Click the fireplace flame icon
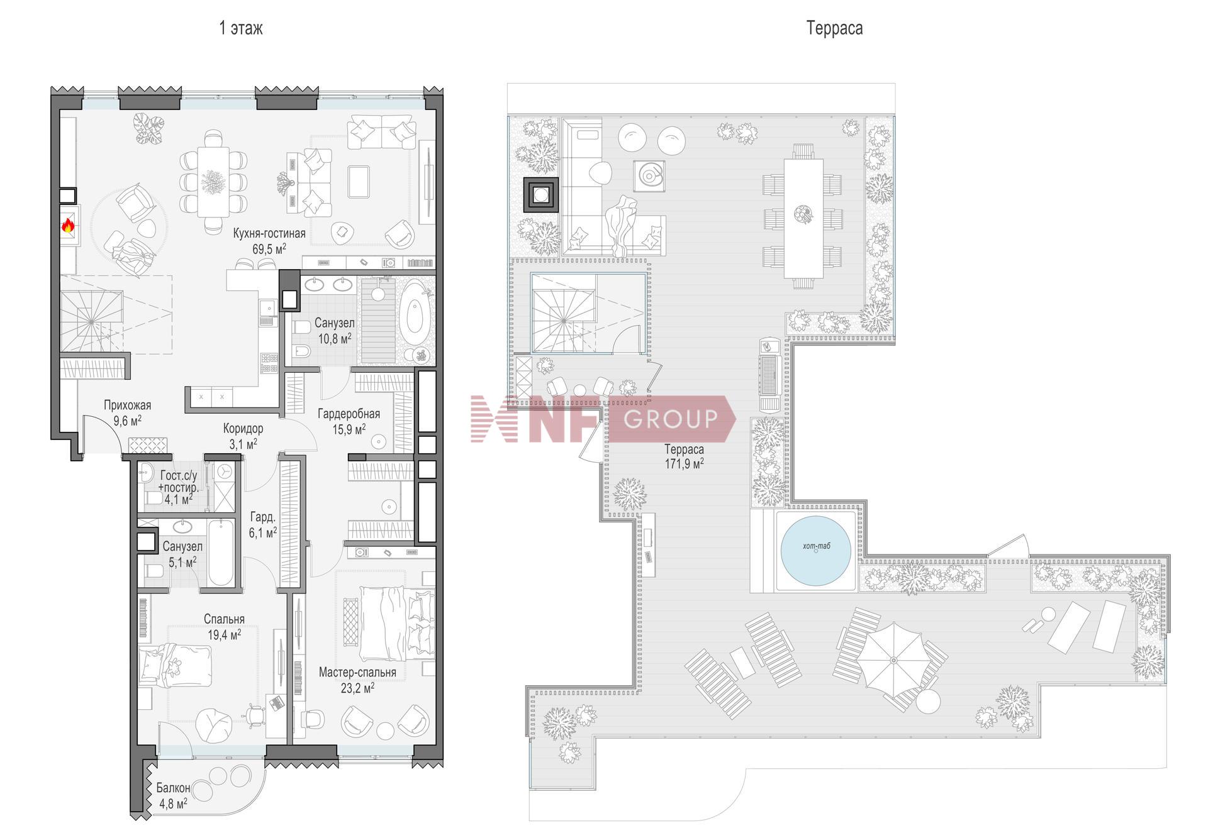coord(68,225)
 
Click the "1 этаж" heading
coord(241,28)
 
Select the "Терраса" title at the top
coord(834,28)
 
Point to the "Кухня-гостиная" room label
coord(269,233)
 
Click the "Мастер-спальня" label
coord(357,673)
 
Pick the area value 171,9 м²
coord(684,463)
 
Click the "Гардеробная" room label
coord(349,414)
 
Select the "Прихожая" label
coord(127,405)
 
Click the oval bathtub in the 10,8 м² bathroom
coord(414,312)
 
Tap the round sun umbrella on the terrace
coord(893,660)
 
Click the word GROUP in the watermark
coord(671,418)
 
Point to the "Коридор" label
coord(243,429)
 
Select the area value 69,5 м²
coord(269,248)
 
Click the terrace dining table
coord(803,218)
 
